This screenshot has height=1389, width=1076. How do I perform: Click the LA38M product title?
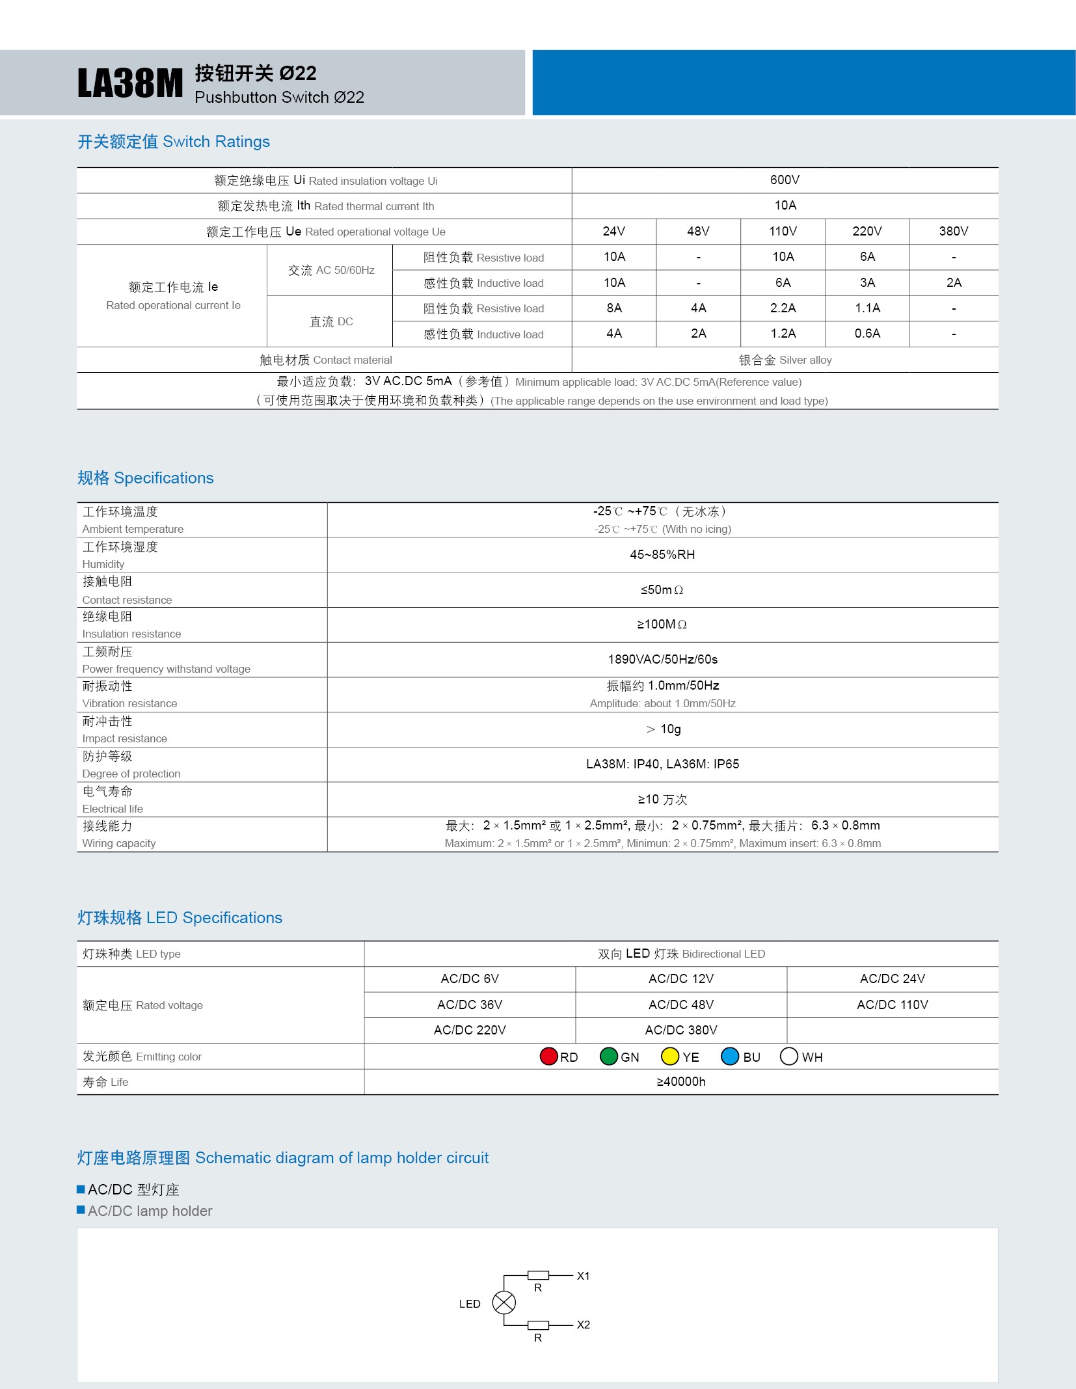130,84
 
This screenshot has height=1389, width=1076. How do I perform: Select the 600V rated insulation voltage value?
785,180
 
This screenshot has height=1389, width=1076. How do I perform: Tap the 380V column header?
953,232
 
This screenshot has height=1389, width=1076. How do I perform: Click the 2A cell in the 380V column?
953,283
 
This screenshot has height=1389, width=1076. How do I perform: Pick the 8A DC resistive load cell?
613,308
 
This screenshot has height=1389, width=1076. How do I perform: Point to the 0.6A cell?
867,334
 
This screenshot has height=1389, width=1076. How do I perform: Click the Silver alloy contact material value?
785,360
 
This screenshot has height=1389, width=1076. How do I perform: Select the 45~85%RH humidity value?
662,555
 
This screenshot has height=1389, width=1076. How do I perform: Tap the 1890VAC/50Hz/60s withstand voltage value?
662,660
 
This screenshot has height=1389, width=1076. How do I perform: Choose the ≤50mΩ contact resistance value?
662,590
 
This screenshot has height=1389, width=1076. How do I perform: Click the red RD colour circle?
548,1057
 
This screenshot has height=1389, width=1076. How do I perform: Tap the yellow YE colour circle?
669,1057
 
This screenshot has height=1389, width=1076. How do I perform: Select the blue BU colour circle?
730,1057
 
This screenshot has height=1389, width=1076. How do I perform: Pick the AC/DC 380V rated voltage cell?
680,1031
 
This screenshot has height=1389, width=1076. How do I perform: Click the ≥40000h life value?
680,1082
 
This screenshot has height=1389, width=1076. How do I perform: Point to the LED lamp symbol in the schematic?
504,1302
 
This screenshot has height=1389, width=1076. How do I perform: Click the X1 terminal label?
584,1276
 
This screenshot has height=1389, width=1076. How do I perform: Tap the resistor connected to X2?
538,1325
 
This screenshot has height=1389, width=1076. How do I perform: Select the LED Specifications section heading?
180,918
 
